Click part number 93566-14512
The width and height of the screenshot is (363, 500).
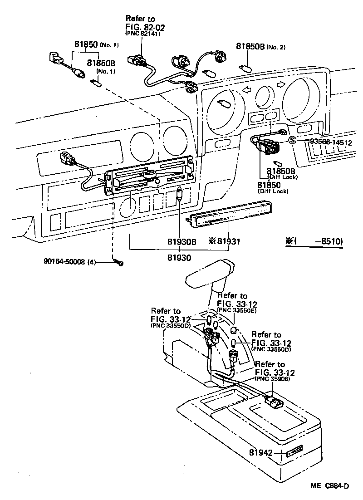point(331,142)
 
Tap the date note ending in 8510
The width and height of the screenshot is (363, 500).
point(314,241)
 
